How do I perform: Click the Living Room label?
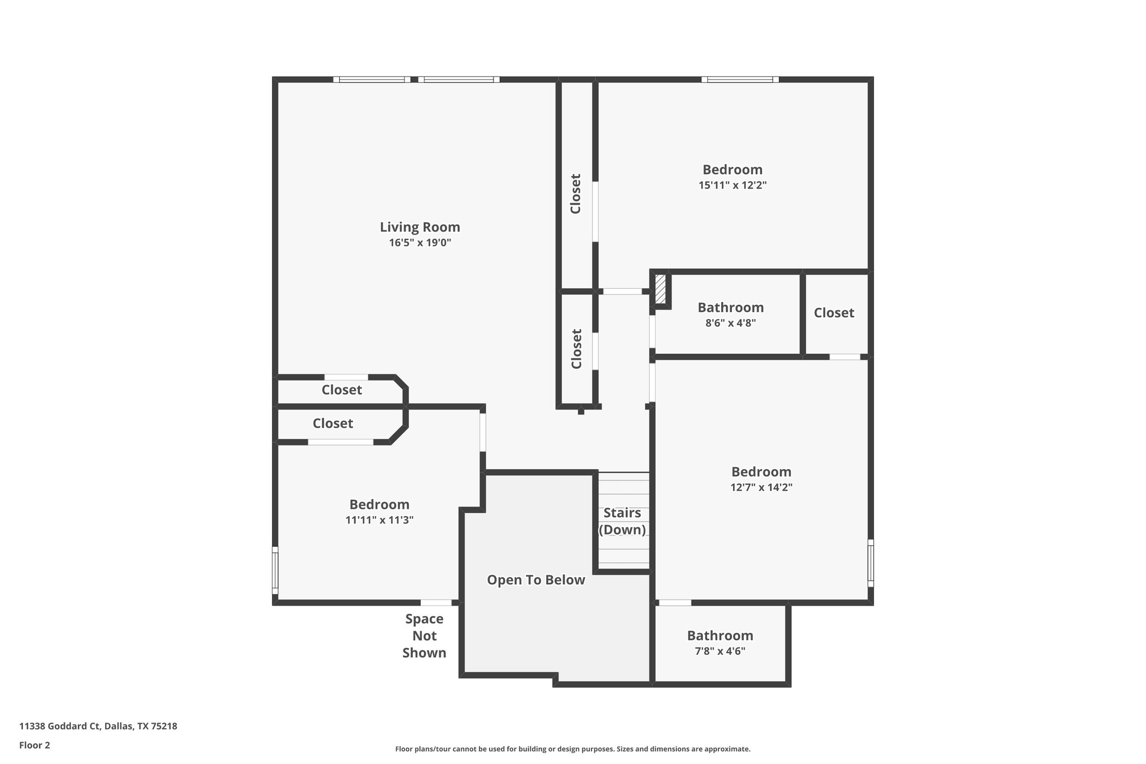pos(420,227)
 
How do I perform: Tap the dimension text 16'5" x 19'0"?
pos(420,243)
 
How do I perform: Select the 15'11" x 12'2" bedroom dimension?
pos(732,185)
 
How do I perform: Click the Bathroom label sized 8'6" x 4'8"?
pos(730,307)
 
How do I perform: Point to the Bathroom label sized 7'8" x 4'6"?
pos(720,635)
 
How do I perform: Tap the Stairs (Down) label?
pos(622,521)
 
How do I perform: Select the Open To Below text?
pos(536,580)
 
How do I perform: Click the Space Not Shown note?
pos(424,635)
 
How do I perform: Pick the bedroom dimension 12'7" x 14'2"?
pos(761,488)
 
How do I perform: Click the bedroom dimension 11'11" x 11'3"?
pos(379,520)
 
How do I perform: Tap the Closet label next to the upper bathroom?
pos(833,313)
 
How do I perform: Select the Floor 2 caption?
pos(34,745)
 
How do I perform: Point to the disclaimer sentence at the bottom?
pos(572,749)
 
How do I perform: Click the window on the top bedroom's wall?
pos(740,79)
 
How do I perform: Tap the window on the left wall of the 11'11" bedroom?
pos(275,570)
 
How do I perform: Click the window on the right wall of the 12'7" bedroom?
pos(870,563)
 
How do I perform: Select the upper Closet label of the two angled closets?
pos(341,390)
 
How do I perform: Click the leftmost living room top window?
pos(372,79)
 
